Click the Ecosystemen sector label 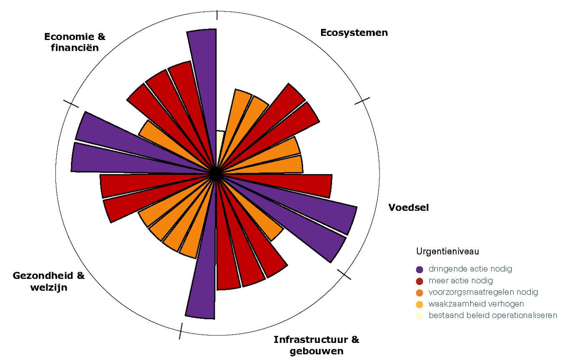click(x=354, y=32)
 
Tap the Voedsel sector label click(x=408, y=207)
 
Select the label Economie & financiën click(x=75, y=42)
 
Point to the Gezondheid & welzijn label click(x=49, y=281)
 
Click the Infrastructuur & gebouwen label click(x=316, y=345)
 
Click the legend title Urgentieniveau click(x=447, y=251)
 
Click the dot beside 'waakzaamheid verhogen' click(x=419, y=304)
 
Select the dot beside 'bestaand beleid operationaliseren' click(x=419, y=316)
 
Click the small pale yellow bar click(x=220, y=142)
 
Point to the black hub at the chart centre click(x=215, y=174)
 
